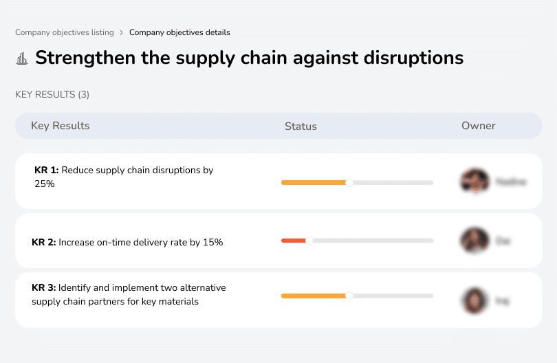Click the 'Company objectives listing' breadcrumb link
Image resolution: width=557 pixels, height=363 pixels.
(x=64, y=32)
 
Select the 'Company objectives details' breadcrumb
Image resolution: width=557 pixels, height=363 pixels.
(x=179, y=32)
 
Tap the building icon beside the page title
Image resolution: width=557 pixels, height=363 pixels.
(x=22, y=58)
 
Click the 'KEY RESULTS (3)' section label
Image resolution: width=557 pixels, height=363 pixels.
(x=52, y=94)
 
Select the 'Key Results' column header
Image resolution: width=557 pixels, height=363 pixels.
(x=61, y=126)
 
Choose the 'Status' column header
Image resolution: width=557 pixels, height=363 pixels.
(x=301, y=126)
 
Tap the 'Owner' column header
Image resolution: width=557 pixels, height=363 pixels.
(x=479, y=126)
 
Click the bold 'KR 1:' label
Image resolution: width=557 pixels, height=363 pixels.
(x=47, y=170)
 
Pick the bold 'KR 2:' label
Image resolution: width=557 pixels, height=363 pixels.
(x=44, y=242)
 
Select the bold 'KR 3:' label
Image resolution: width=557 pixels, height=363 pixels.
(x=44, y=288)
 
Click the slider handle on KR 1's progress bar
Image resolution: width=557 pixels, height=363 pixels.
(x=349, y=182)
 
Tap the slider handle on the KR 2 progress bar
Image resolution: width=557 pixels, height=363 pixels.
(x=309, y=241)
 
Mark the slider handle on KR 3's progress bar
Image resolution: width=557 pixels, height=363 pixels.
(x=349, y=296)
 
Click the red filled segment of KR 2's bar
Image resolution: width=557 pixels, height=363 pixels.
(x=294, y=241)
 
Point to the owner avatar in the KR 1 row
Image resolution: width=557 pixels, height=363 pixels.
(x=474, y=181)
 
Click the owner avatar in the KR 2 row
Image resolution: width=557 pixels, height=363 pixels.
(x=474, y=241)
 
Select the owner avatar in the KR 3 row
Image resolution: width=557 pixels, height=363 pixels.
(x=474, y=300)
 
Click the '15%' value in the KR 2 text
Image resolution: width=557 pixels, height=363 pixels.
(x=213, y=242)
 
